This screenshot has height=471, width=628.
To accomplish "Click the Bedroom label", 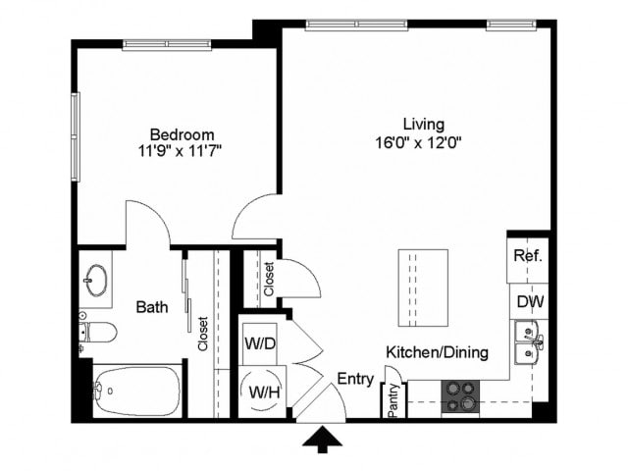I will [x=182, y=133].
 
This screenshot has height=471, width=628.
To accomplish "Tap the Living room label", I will [x=424, y=125].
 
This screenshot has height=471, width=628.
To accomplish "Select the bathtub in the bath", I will [x=132, y=392].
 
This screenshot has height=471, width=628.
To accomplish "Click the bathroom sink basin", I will [x=96, y=280].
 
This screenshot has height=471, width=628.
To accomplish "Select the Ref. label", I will [x=528, y=257].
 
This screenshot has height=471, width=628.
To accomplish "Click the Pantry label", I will [x=392, y=400].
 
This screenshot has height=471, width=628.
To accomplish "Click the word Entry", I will [x=354, y=379].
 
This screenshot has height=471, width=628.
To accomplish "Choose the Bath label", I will [x=151, y=307].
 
